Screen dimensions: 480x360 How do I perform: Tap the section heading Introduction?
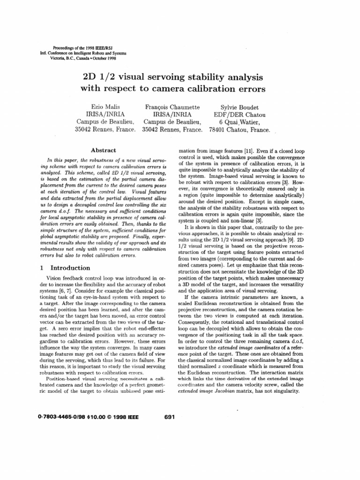(70, 268)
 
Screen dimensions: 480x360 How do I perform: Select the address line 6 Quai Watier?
(240, 122)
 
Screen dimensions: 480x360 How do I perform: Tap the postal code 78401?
(218, 130)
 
